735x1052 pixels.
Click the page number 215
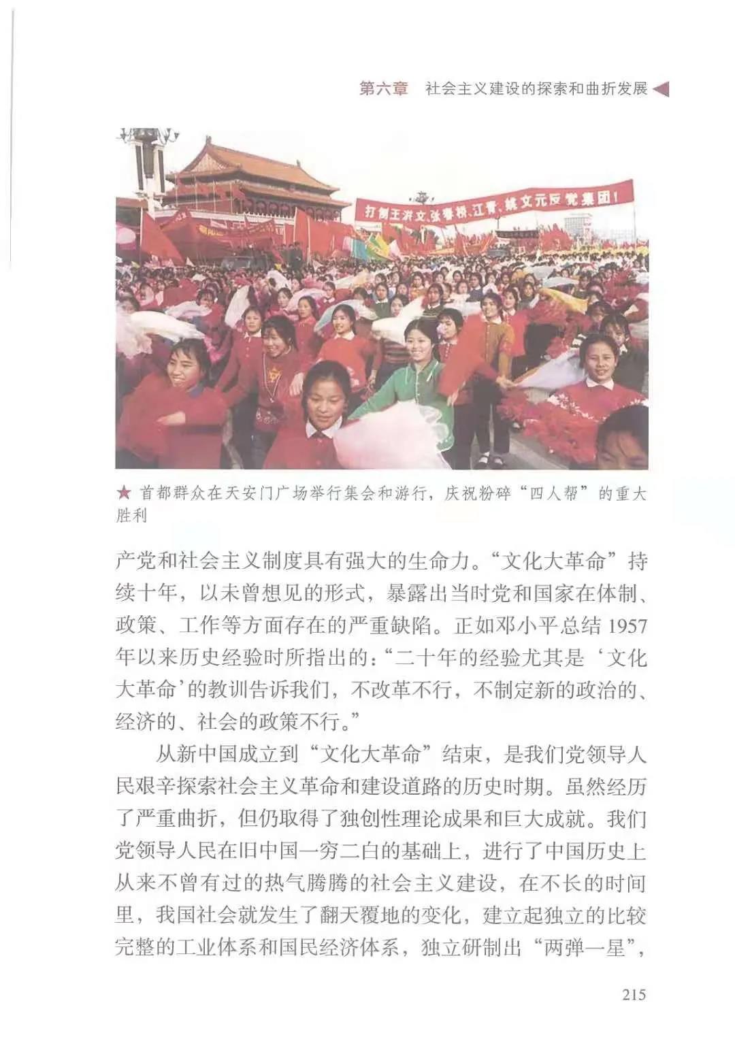tap(634, 994)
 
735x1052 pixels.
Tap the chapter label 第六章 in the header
tap(383, 89)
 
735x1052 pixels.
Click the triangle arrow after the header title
tap(661, 89)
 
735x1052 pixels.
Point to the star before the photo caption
tap(123, 493)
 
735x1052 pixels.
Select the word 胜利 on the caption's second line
tap(131, 515)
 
